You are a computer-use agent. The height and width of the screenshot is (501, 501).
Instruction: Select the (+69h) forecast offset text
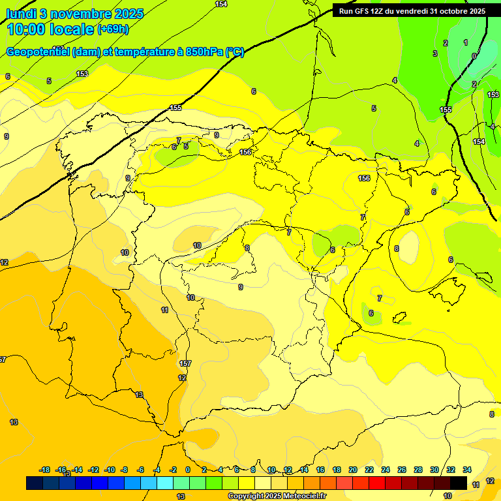pos(113,29)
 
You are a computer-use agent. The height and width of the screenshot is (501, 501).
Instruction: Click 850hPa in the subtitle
pos(204,52)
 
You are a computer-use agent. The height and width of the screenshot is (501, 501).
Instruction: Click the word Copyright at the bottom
pos(245,496)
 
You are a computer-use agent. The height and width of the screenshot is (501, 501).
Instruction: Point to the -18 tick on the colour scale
pos(45,470)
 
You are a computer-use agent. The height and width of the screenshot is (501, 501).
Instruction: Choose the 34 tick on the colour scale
pos(467,470)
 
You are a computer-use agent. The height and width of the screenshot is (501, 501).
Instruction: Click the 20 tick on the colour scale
pos(353,470)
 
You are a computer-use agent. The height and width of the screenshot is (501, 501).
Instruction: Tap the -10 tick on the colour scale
pos(110,470)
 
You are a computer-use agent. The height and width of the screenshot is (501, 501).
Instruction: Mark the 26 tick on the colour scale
pos(402,470)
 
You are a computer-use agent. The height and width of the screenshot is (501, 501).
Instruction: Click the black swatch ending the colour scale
pos(459,483)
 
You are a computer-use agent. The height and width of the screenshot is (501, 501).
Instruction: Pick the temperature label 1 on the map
pos(465,42)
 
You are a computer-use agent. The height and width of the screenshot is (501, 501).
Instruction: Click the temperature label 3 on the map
pos(435,53)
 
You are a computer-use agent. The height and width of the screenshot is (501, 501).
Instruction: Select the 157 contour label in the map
pos(185,363)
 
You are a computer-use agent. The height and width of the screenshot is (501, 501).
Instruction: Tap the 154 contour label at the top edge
pos(221,5)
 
